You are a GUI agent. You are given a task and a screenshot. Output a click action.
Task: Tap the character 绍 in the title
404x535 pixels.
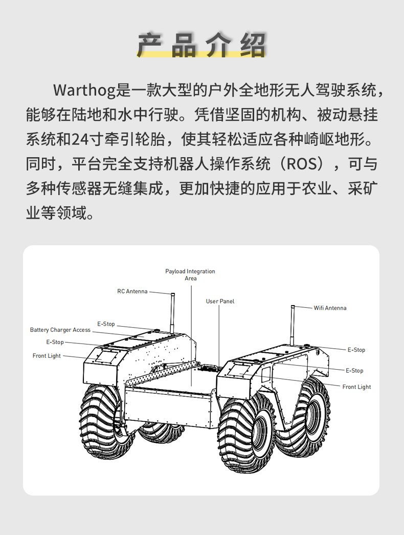(253, 45)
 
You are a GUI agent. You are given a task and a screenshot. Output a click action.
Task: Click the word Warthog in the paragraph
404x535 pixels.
(84, 91)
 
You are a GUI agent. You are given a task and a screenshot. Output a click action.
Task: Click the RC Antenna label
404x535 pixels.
(132, 291)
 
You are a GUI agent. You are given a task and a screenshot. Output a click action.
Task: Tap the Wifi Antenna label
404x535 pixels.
(330, 308)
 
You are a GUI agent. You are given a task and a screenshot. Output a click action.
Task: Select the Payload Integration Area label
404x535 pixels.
(190, 274)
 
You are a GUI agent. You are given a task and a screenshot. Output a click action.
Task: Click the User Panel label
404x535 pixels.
(220, 301)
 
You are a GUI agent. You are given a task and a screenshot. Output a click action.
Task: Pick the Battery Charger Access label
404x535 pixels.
(60, 330)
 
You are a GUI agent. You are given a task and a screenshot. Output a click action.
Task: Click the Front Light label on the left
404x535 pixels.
(47, 356)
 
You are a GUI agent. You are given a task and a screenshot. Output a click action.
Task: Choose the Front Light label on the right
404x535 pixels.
(356, 387)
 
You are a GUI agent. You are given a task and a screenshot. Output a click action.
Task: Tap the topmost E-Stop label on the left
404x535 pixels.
(106, 324)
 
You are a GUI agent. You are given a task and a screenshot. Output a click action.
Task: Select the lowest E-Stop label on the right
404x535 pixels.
(354, 371)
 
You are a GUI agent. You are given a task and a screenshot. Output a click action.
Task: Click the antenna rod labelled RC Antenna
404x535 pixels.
(172, 312)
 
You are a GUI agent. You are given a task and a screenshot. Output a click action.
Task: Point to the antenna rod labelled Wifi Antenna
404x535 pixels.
(293, 325)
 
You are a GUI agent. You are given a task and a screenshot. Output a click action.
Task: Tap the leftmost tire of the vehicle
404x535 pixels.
(102, 422)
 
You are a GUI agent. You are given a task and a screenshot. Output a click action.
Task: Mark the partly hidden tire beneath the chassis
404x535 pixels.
(160, 432)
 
